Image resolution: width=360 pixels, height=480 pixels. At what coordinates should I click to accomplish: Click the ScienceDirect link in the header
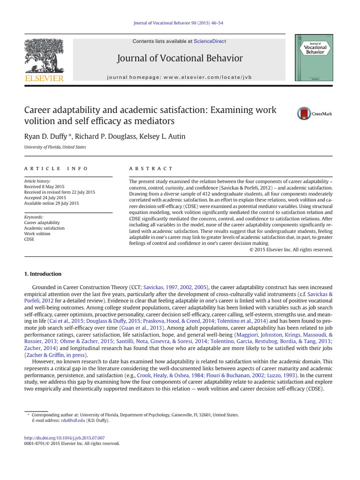pyautogui.click(x=210, y=41)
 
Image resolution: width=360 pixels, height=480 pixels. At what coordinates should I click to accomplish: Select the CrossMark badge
pyautogui.click(x=314, y=113)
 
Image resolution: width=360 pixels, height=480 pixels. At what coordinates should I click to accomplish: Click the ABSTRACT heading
pyautogui.click(x=151, y=168)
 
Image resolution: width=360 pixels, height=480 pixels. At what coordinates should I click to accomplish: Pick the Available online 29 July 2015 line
pyautogui.click(x=52, y=203)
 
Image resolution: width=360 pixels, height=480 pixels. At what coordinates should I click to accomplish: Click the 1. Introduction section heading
pyautogui.click(x=43, y=274)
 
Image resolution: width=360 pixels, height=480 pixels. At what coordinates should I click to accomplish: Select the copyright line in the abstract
pyautogui.click(x=291, y=250)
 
